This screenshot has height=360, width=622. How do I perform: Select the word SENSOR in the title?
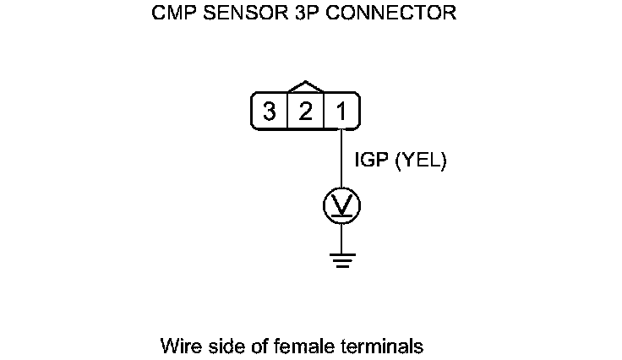(x=232, y=14)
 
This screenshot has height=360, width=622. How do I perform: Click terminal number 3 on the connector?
(x=270, y=112)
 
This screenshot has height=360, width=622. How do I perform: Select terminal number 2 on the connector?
(x=306, y=112)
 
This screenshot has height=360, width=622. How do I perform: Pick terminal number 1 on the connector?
(x=341, y=112)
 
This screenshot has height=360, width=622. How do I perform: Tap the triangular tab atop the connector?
(x=305, y=87)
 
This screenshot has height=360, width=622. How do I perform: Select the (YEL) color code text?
(x=420, y=160)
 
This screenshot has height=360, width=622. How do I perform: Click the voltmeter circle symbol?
(x=341, y=205)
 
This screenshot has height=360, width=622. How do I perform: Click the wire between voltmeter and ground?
(x=341, y=238)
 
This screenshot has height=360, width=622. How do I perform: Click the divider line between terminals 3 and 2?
(x=288, y=112)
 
